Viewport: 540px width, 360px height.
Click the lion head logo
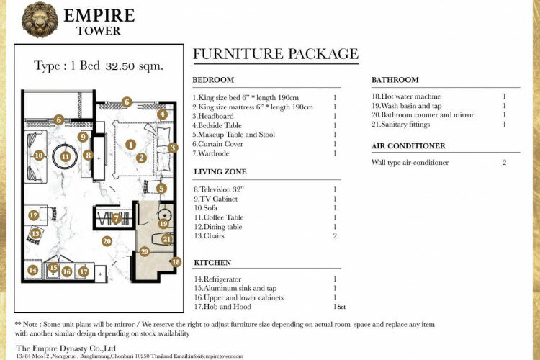pyautogui.click(x=40, y=19)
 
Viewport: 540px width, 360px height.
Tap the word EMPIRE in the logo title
pyautogui.click(x=99, y=16)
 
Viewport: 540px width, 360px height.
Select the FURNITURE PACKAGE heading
pyautogui.click(x=276, y=54)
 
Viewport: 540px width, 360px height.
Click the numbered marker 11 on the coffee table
pyautogui.click(x=66, y=157)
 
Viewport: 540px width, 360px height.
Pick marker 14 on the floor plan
pyautogui.click(x=33, y=269)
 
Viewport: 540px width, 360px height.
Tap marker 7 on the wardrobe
pyautogui.click(x=116, y=218)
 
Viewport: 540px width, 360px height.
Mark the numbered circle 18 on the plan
pyautogui.click(x=176, y=262)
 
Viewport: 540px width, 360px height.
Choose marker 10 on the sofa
pyautogui.click(x=39, y=156)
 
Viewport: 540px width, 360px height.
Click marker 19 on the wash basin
pyautogui.click(x=163, y=224)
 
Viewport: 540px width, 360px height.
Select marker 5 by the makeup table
pyautogui.click(x=161, y=188)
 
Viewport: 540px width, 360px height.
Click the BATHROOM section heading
pyautogui.click(x=395, y=80)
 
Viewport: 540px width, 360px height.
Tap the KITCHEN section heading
pyautogui.click(x=212, y=263)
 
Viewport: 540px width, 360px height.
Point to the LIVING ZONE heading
pyautogui.click(x=220, y=171)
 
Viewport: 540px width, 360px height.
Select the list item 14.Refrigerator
pyautogui.click(x=217, y=279)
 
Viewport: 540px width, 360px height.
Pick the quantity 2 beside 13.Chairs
pyautogui.click(x=335, y=236)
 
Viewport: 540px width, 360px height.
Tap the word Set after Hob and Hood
pyautogui.click(x=341, y=307)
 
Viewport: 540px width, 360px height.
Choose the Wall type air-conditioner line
pyautogui.click(x=410, y=163)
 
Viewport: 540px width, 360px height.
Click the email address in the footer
pyautogui.click(x=215, y=356)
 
